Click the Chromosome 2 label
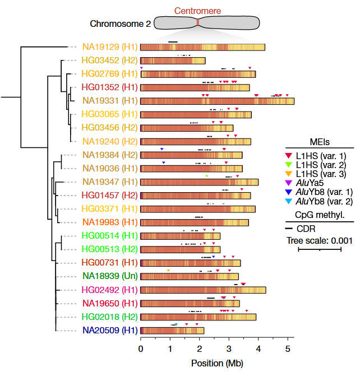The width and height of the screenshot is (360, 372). coord(120,24)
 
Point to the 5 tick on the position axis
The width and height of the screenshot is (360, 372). coord(288,350)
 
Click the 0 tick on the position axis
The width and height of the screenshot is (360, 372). coord(141,350)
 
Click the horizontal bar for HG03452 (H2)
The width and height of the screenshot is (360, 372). coord(173,61)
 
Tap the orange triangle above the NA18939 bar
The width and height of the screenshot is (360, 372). coord(168,271)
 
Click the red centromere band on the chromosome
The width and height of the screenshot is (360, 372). coord(198,22)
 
